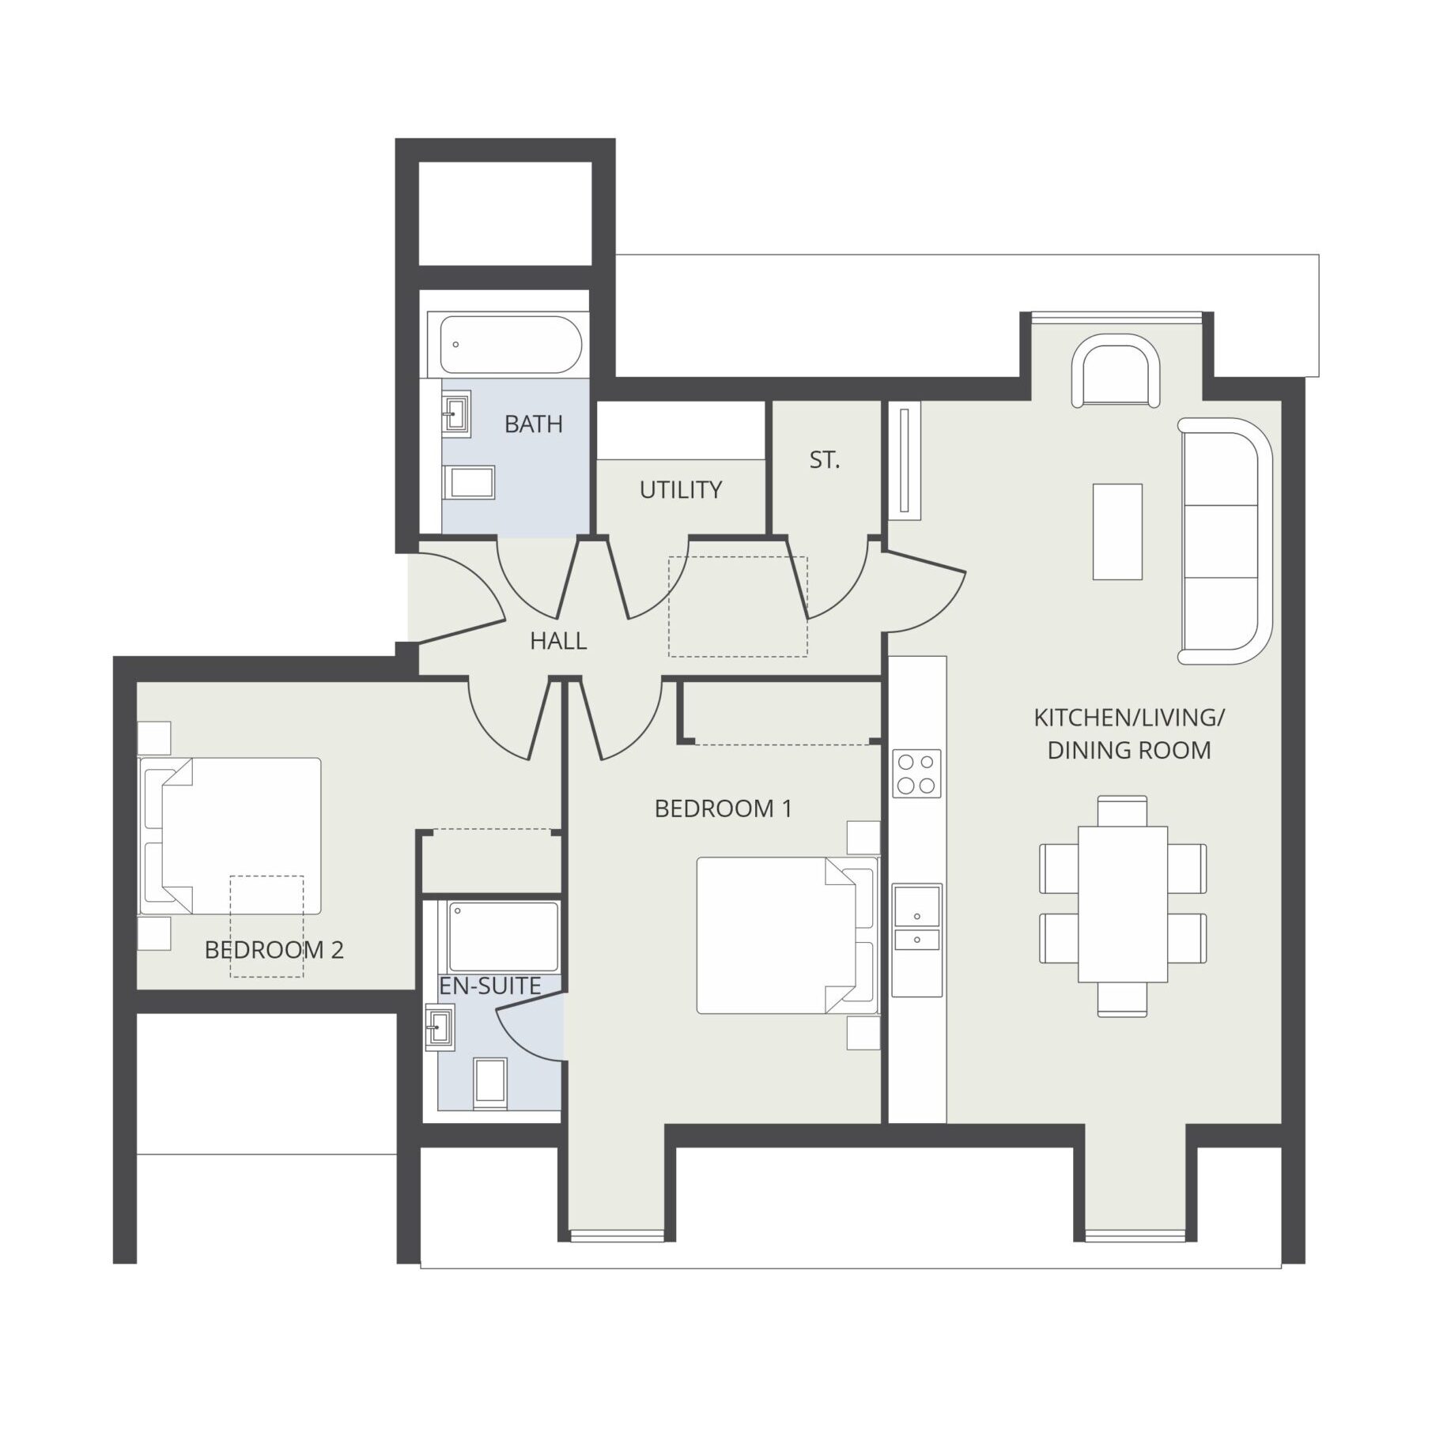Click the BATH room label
tap(534, 424)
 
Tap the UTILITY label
tap(681, 490)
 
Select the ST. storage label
tap(825, 460)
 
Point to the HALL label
tap(558, 641)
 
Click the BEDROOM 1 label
tap(723, 808)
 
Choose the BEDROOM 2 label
tap(274, 950)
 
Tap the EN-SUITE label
tap(490, 986)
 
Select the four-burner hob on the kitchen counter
tap(917, 773)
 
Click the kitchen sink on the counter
tap(917, 918)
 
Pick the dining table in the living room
tap(1123, 904)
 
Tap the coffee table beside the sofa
tap(1117, 532)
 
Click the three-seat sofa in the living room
tap(1226, 541)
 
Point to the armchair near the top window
tap(1116, 371)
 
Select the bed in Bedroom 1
tap(788, 936)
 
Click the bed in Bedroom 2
tap(230, 836)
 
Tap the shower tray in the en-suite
tap(504, 937)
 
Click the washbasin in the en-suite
tap(440, 1027)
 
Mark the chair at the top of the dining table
tap(1123, 811)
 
